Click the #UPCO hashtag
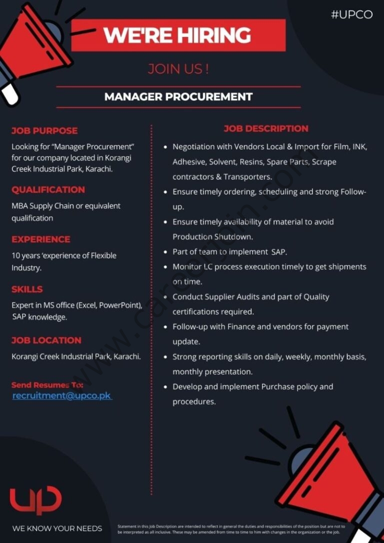[x=351, y=14]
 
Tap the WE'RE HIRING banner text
[x=177, y=35]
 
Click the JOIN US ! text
[x=178, y=69]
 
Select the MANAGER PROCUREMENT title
[x=178, y=97]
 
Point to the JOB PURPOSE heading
[x=44, y=131]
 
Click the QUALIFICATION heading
[x=48, y=190]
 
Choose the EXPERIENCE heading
[x=41, y=239]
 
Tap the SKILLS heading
[x=27, y=289]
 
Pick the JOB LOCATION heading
[x=46, y=340]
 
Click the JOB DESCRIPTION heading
[x=266, y=129]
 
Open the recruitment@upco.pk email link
[x=61, y=396]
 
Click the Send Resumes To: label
[x=47, y=385]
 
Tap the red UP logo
[x=35, y=500]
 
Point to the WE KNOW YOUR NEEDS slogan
[x=57, y=528]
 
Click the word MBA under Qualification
[x=20, y=206]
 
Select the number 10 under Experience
[x=16, y=255]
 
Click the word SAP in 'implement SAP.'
[x=277, y=252]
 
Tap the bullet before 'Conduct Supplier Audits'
[x=165, y=297]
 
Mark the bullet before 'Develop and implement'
[x=165, y=387]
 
